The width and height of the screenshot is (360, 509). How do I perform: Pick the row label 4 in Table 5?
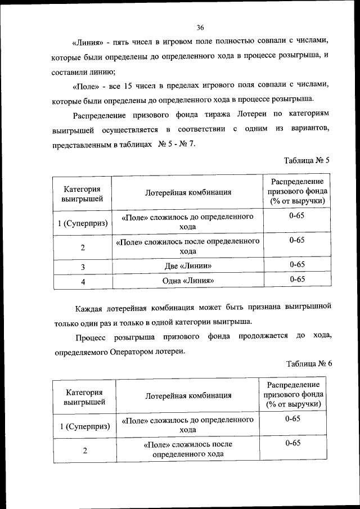coord(83,282)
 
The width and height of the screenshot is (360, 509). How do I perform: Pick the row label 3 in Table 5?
coord(83,267)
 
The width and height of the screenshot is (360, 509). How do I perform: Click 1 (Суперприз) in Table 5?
coord(83,223)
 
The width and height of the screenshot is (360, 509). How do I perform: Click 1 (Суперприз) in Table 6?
coord(84,426)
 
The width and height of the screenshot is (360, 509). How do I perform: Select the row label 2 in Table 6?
coord(84,451)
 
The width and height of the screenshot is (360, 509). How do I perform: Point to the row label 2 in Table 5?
coord(83,247)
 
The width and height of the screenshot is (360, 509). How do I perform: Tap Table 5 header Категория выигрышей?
coord(83,192)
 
